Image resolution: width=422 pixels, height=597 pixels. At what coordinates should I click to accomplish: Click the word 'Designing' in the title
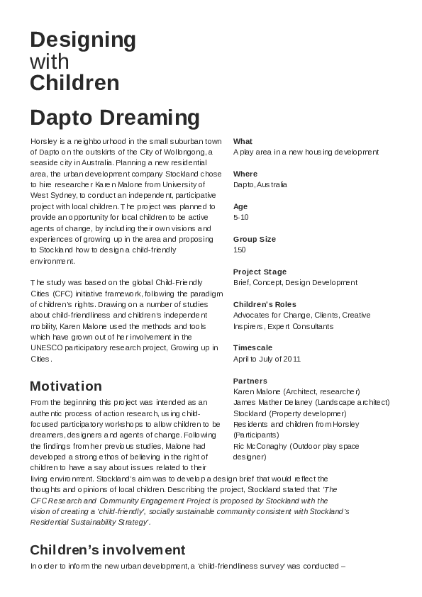(83, 40)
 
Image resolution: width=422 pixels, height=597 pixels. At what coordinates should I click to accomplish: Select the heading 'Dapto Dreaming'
(115, 117)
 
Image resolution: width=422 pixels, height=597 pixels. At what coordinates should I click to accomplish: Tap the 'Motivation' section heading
(66, 386)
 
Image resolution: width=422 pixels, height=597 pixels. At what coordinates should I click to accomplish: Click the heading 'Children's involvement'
(108, 550)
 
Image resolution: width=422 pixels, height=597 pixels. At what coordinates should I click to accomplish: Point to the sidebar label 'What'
(243, 141)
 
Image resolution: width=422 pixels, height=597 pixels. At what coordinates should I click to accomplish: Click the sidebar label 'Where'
(245, 174)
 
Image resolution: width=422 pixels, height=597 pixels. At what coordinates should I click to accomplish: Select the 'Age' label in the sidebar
(240, 206)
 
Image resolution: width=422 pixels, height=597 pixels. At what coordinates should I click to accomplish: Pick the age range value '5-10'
(241, 218)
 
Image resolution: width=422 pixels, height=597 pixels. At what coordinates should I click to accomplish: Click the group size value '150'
(240, 250)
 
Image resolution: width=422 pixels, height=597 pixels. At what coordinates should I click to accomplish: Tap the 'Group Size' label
(255, 240)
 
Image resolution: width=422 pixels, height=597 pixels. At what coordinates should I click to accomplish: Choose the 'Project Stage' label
(260, 272)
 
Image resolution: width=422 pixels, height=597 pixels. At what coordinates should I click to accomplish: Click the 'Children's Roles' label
(265, 304)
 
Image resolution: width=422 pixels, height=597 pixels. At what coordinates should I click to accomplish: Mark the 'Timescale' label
(253, 348)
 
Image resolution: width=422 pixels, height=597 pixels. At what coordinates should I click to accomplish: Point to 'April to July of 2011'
(267, 359)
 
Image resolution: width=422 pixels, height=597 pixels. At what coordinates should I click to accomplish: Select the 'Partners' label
(250, 381)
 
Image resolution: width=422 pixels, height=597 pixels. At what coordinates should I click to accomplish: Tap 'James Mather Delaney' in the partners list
(273, 403)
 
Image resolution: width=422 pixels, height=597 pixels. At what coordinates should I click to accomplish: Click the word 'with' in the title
(50, 62)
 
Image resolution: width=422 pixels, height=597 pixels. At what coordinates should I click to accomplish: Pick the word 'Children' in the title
(74, 84)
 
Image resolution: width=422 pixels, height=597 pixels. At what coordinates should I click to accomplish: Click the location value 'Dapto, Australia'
(260, 184)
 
